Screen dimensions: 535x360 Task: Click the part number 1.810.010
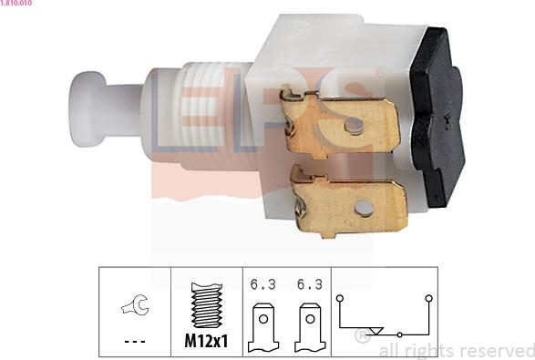(x=16, y=3)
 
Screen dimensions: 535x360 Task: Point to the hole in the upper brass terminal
(x=354, y=125)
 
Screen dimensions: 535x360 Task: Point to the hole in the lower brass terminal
(x=364, y=208)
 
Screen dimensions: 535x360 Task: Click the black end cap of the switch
(x=438, y=117)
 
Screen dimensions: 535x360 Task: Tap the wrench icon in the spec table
(x=135, y=304)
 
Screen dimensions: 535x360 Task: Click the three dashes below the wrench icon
(x=135, y=341)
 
